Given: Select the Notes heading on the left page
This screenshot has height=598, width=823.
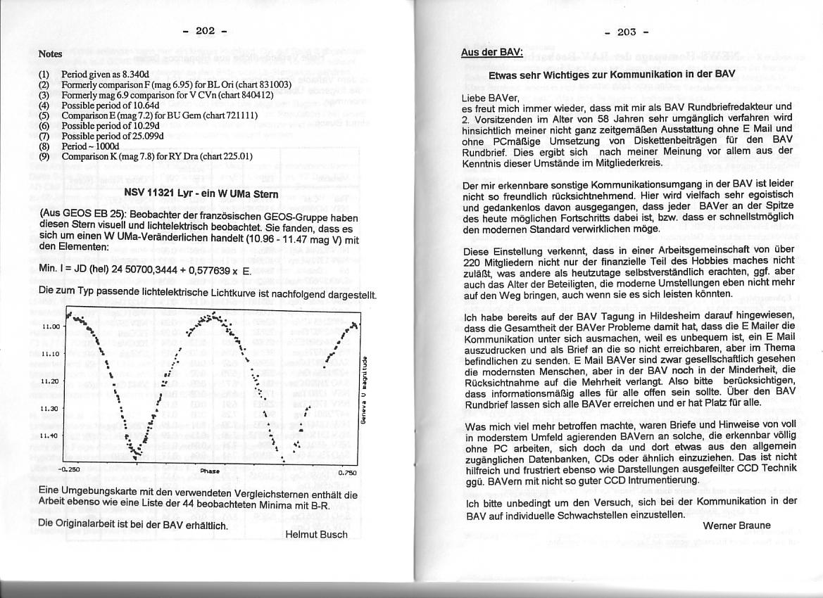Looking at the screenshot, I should (51, 53).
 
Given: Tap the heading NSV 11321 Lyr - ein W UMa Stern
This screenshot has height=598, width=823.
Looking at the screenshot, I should (191, 193).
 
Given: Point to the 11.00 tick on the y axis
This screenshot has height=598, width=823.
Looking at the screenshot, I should (52, 327).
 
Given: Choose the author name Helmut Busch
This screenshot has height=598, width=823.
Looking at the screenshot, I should (316, 535).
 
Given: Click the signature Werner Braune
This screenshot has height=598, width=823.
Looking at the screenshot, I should (736, 526).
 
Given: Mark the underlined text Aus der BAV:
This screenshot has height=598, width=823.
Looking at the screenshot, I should (491, 53).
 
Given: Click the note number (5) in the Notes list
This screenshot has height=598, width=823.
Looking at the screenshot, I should (44, 114).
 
